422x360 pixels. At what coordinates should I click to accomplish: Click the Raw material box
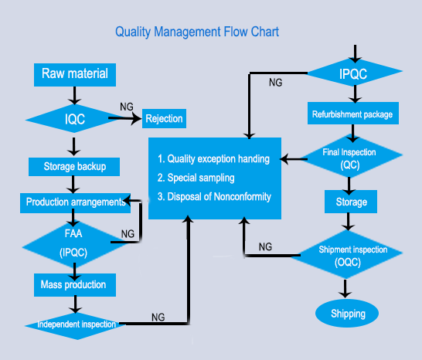[x=75, y=75]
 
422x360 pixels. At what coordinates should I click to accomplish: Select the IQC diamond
[x=74, y=119]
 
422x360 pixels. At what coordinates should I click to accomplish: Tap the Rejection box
[x=164, y=118]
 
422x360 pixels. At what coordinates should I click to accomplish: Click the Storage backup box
[x=74, y=167]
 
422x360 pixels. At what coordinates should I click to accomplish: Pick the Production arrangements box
[x=76, y=203]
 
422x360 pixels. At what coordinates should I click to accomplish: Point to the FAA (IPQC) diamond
[x=73, y=244]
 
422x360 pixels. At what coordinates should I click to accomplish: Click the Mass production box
[x=75, y=285]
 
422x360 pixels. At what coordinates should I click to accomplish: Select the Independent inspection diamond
[x=77, y=325]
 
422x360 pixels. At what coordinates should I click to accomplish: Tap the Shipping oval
[x=347, y=313]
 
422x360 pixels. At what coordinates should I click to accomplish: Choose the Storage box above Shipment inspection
[x=351, y=202]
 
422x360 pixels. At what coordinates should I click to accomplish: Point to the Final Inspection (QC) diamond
[x=352, y=157]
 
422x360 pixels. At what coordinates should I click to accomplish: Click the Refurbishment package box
[x=353, y=113]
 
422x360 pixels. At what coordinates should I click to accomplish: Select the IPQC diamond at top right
[x=355, y=73]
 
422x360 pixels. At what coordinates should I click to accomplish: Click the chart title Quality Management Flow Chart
[x=197, y=32]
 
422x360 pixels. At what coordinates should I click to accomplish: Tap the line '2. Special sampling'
[x=196, y=178]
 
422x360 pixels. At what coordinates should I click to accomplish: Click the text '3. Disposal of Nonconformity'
[x=214, y=197]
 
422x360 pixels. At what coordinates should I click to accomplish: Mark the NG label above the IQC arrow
[x=127, y=107]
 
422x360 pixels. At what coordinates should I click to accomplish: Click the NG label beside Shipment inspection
[x=265, y=246]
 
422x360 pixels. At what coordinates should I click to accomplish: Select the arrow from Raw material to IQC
[x=74, y=96]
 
